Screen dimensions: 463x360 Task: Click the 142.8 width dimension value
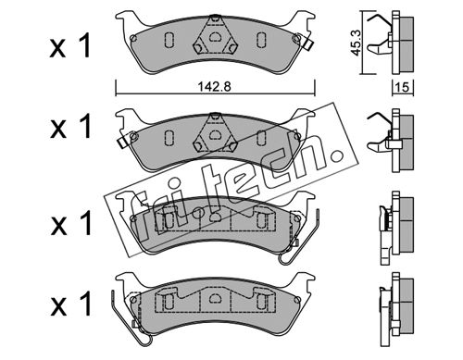point(214,87)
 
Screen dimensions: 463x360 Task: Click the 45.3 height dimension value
point(357,43)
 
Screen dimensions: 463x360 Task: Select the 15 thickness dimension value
point(402,88)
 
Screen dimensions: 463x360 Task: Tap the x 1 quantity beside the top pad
point(70,46)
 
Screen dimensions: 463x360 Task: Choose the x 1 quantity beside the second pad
point(70,126)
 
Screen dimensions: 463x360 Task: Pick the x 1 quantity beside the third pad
point(70,223)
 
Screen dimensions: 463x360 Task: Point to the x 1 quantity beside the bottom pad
point(70,304)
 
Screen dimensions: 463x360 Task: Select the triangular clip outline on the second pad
point(214,133)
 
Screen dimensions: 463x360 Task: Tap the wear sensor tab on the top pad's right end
point(308,45)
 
